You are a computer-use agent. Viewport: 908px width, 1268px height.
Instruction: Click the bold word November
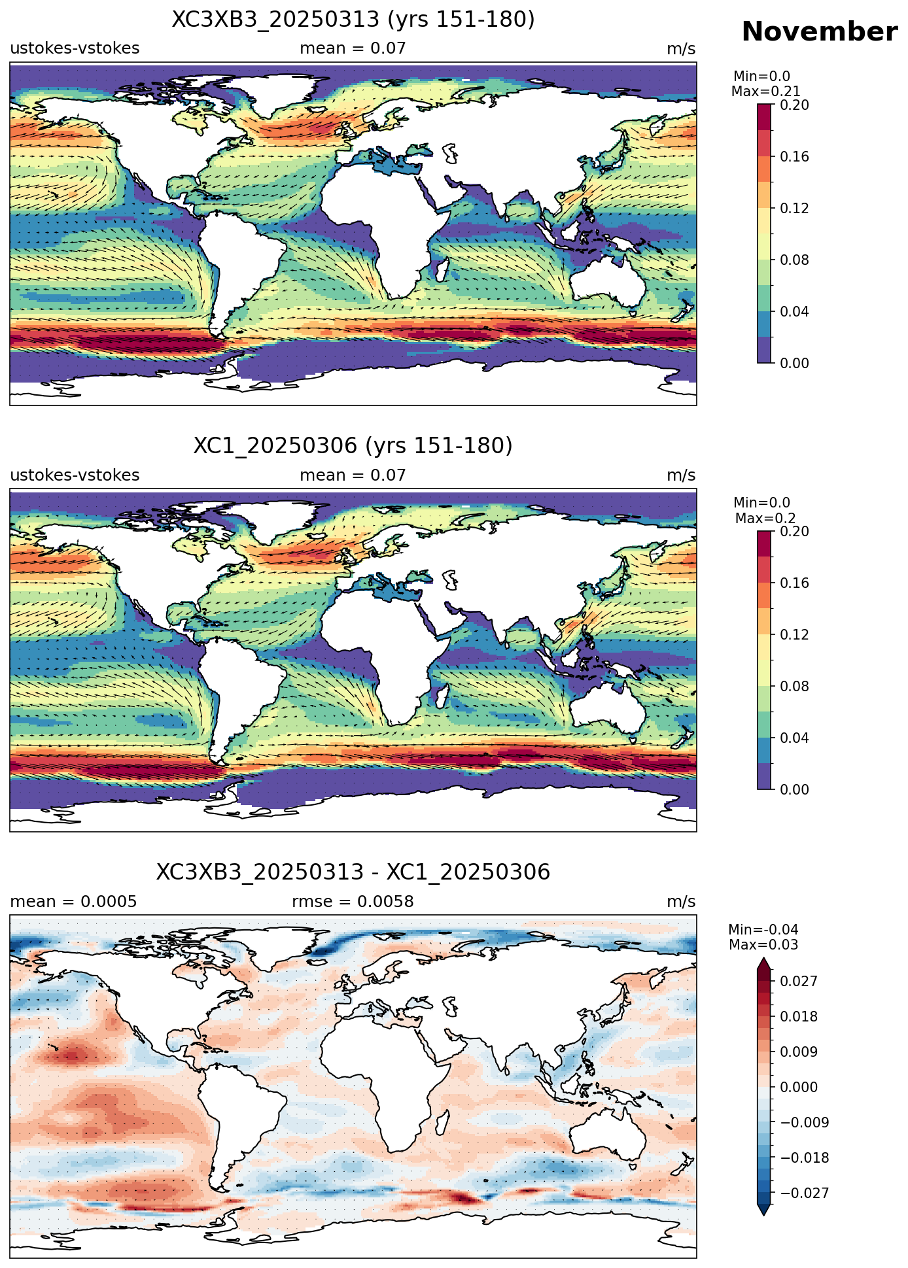coord(819,31)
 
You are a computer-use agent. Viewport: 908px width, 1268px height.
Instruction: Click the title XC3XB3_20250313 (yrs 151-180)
coord(353,20)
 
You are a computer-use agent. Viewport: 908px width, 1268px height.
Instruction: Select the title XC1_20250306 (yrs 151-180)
coord(353,446)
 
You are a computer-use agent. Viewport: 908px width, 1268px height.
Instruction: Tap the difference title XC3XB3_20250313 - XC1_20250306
coord(353,872)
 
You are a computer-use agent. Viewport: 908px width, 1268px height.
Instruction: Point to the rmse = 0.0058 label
coord(353,902)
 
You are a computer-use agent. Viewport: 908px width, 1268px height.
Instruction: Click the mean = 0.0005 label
coord(73,902)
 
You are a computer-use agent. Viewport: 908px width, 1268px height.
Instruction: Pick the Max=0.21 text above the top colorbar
coord(765,92)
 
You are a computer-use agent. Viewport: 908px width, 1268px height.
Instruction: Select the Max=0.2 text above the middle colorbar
coord(765,519)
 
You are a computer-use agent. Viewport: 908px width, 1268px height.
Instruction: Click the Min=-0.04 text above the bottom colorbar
coord(763,930)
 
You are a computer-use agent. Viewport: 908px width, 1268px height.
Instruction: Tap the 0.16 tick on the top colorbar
coord(795,156)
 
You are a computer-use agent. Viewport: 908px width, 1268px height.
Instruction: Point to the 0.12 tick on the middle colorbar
coord(795,634)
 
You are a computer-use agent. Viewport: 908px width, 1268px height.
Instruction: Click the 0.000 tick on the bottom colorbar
coord(799,1087)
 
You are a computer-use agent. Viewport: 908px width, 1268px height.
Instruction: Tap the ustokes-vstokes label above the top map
coord(75,49)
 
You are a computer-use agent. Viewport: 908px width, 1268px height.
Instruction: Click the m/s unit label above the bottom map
coord(681,902)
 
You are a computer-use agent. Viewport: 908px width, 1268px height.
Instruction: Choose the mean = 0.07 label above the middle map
coord(353,475)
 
